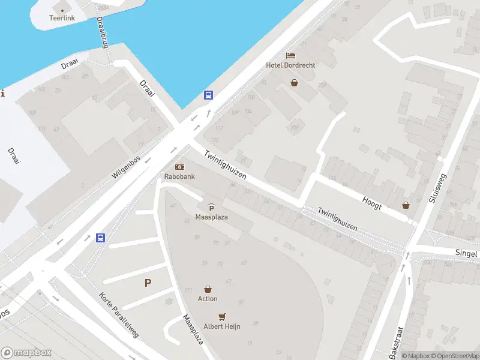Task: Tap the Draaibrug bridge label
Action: click(102, 32)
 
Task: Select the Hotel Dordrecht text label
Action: click(291, 65)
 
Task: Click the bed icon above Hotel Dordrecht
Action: click(291, 55)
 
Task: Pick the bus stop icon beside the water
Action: click(208, 95)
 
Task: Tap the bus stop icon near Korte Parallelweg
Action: click(100, 238)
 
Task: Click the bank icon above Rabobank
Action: click(179, 167)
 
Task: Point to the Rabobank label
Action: click(179, 177)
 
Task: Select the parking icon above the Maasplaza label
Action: click(211, 208)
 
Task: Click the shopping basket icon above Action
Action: click(208, 289)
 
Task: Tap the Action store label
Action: click(208, 299)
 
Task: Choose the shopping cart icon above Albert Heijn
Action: click(223, 316)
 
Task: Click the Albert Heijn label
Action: click(223, 326)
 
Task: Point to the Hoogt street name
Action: click(372, 202)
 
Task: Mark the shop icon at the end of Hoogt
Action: click(406, 205)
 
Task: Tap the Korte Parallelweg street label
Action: click(119, 315)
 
